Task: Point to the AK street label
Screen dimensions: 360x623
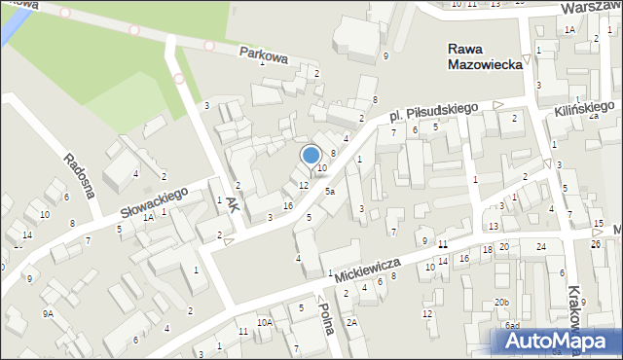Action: pos(232,203)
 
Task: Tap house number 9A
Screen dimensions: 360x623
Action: pos(47,313)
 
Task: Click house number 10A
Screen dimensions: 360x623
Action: pos(263,322)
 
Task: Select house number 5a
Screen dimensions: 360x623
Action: pos(330,192)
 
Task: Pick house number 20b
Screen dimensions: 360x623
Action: pos(500,303)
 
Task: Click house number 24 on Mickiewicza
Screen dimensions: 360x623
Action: pos(540,247)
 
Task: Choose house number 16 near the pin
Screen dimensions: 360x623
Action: pos(287,206)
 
